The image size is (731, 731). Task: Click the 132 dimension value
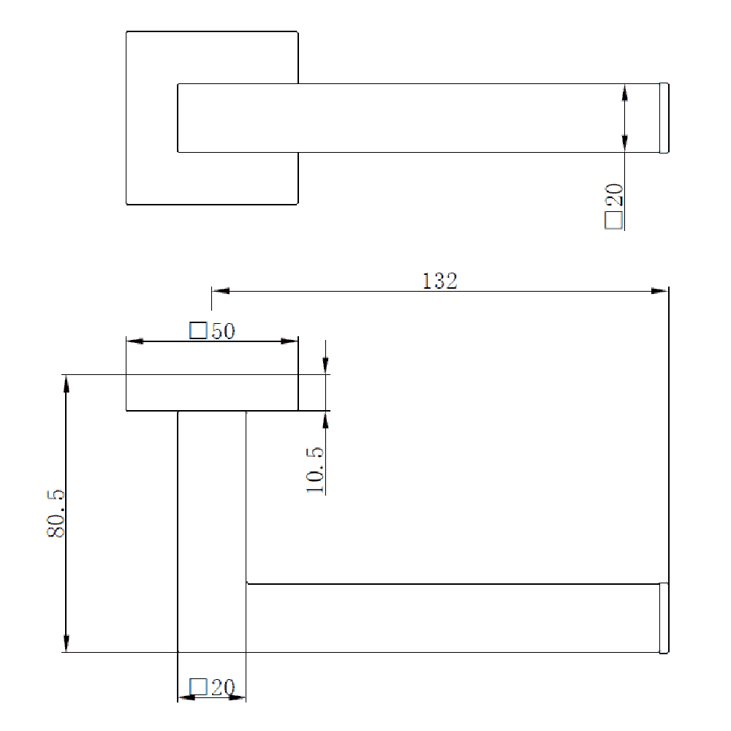coord(439,281)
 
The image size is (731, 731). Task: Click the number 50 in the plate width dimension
coord(223,331)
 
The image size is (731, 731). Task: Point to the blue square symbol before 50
coord(197,331)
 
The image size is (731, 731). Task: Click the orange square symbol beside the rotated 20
coord(614,220)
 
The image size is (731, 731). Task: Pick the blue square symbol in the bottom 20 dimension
coord(197,687)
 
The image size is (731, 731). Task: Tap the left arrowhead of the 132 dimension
coord(220,291)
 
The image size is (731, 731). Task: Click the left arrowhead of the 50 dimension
coord(135,341)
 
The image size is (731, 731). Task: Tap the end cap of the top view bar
coord(664,118)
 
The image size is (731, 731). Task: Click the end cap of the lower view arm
coord(664,618)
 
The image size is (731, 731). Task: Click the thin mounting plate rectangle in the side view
coord(212,393)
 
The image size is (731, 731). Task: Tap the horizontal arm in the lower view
coord(453,618)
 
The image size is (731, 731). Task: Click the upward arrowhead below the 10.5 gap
coord(325,420)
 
